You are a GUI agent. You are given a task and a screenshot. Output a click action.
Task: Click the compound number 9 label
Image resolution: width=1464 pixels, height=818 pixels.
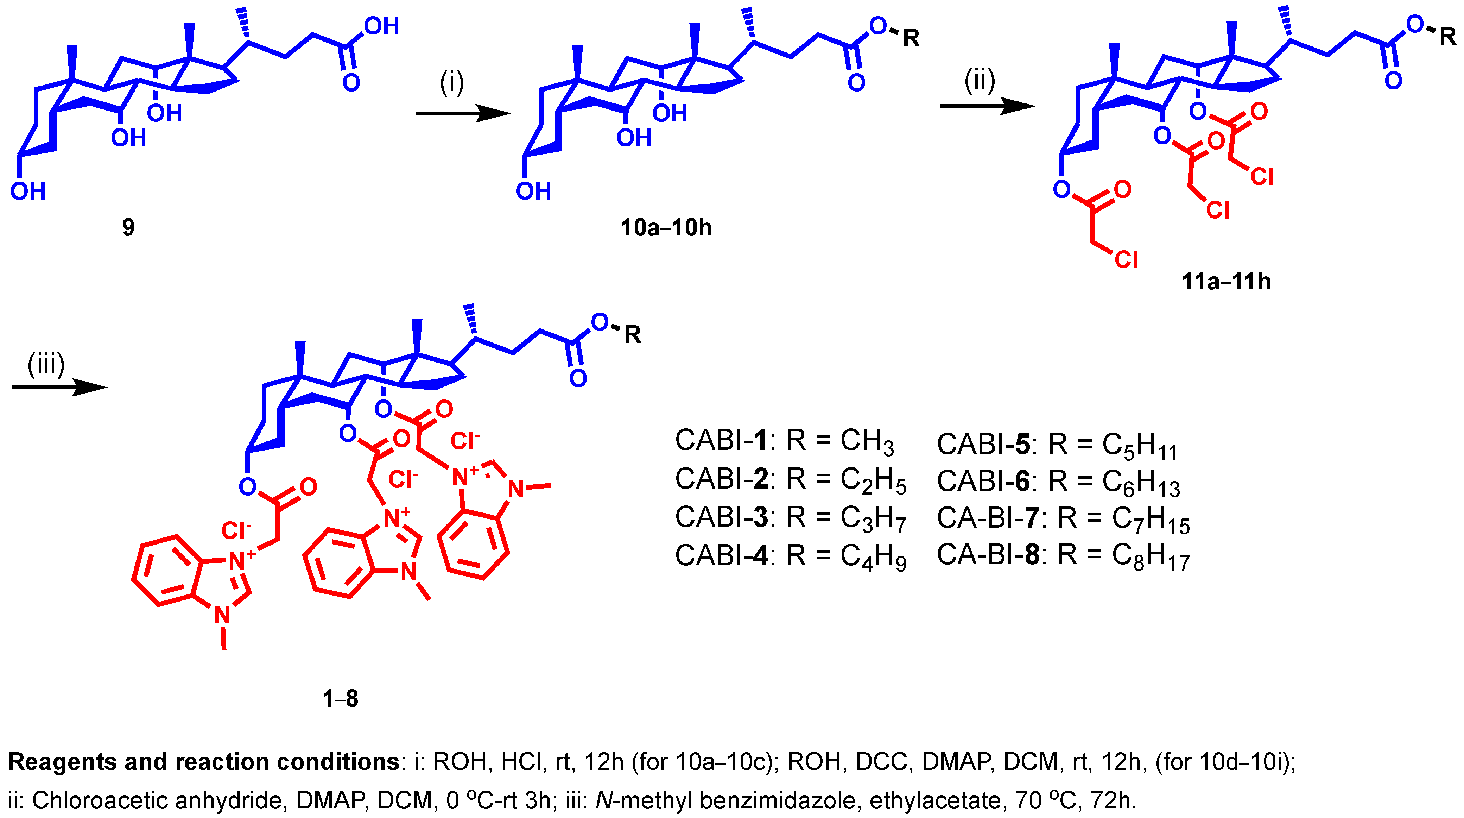pyautogui.click(x=128, y=227)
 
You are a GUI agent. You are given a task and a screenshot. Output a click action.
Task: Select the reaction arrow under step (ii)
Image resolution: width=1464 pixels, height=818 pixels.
pyautogui.click(x=987, y=106)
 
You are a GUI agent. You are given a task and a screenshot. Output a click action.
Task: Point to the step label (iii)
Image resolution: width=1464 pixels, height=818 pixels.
pyautogui.click(x=46, y=364)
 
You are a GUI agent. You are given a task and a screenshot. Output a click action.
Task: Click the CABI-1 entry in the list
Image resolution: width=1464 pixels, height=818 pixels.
pyautogui.click(x=784, y=441)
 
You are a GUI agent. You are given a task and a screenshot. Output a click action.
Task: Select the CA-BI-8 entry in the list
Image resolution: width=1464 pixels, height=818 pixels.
pyautogui.click(x=1063, y=555)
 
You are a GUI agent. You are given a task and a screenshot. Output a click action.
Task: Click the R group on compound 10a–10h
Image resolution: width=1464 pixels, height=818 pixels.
pyautogui.click(x=911, y=39)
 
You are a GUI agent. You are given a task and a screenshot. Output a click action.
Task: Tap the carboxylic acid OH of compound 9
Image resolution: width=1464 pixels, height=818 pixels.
pyautogui.click(x=381, y=26)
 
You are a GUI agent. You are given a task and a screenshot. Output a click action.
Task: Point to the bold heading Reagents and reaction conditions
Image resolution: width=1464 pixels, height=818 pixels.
pyautogui.click(x=203, y=762)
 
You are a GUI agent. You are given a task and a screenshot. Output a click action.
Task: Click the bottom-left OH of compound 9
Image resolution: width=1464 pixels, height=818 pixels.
pyautogui.click(x=27, y=191)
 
